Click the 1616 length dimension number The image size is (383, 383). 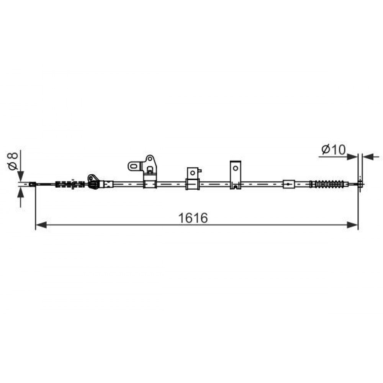[193, 218]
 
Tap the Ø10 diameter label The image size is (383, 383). [334, 149]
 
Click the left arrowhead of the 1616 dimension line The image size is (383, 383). [41, 225]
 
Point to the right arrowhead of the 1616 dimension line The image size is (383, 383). [352, 225]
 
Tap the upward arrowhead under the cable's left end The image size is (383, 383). [21, 192]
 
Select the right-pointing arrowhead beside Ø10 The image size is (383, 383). [352, 157]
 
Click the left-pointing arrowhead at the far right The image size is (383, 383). [368, 157]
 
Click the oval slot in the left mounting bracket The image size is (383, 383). [134, 166]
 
